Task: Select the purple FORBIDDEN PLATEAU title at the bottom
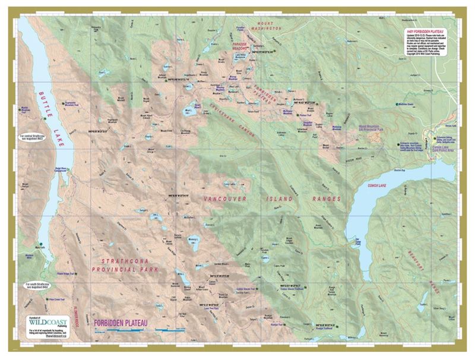[x=124, y=324]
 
